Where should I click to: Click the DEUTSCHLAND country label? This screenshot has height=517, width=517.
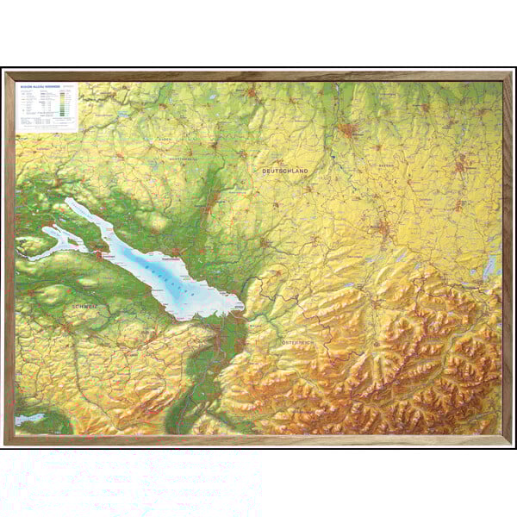pyautogui.click(x=284, y=171)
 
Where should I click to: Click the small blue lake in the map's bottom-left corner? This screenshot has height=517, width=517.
pyautogui.click(x=28, y=420)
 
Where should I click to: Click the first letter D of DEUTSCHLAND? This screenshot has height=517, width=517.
pyautogui.click(x=265, y=171)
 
